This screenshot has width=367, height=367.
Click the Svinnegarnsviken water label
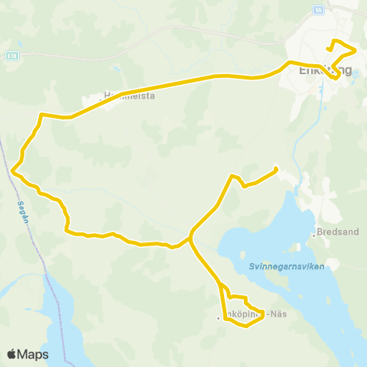coord(287,266)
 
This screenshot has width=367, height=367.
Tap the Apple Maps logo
coord(28,354)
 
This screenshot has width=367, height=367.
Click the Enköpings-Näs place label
coord(243,315)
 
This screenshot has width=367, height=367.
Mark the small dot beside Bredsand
coord(314,234)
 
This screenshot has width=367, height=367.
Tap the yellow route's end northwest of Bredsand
coord(275,169)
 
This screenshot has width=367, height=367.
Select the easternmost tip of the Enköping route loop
coord(356,51)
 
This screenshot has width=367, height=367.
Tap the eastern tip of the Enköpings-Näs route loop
coord(264,314)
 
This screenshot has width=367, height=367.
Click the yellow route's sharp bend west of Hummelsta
coord(40,115)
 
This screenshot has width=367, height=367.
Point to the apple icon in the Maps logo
coord(12,354)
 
